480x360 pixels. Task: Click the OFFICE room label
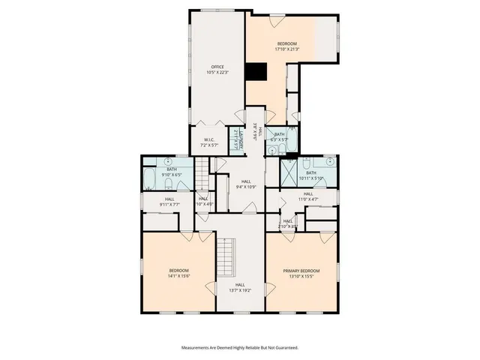coord(217,67)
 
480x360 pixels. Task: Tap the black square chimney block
coord(256,71)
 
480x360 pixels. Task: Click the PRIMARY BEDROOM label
coord(301,270)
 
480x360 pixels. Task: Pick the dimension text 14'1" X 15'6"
coord(178,275)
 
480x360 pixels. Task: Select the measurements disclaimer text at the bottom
coord(240,347)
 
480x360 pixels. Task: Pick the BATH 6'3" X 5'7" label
coord(279,134)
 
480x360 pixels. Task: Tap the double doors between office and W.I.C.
coord(214,122)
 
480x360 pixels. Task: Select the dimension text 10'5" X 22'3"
coord(217,72)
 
